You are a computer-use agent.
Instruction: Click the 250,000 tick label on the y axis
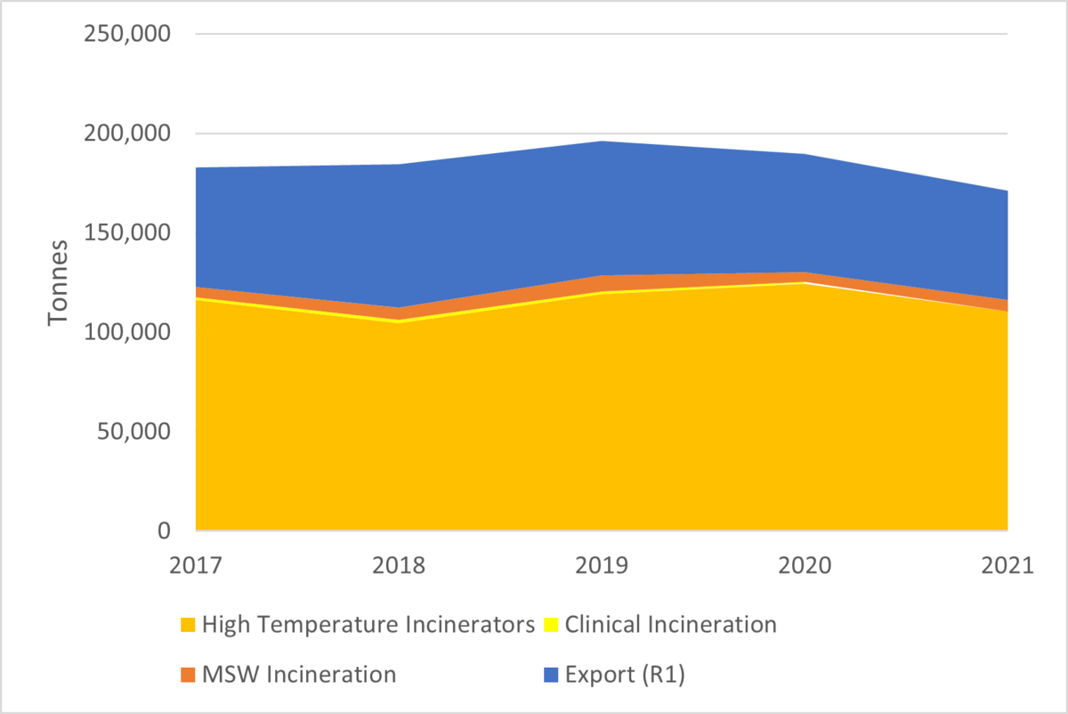(x=126, y=34)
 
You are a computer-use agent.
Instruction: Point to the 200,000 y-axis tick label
(x=126, y=134)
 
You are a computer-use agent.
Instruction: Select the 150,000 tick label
(x=126, y=232)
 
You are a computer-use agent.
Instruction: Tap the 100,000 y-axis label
(x=126, y=332)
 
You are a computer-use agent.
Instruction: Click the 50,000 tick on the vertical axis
(x=133, y=432)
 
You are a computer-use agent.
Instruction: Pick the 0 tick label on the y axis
(x=162, y=531)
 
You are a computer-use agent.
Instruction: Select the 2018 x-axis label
(x=399, y=566)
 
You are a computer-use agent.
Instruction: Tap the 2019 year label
(x=602, y=566)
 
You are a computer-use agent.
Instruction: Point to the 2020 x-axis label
(x=805, y=566)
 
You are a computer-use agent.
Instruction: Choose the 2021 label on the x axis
(x=1007, y=566)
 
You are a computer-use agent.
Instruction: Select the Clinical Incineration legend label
(x=670, y=625)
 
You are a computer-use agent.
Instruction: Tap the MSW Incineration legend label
(x=299, y=675)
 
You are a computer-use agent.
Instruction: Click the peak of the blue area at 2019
(x=602, y=142)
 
